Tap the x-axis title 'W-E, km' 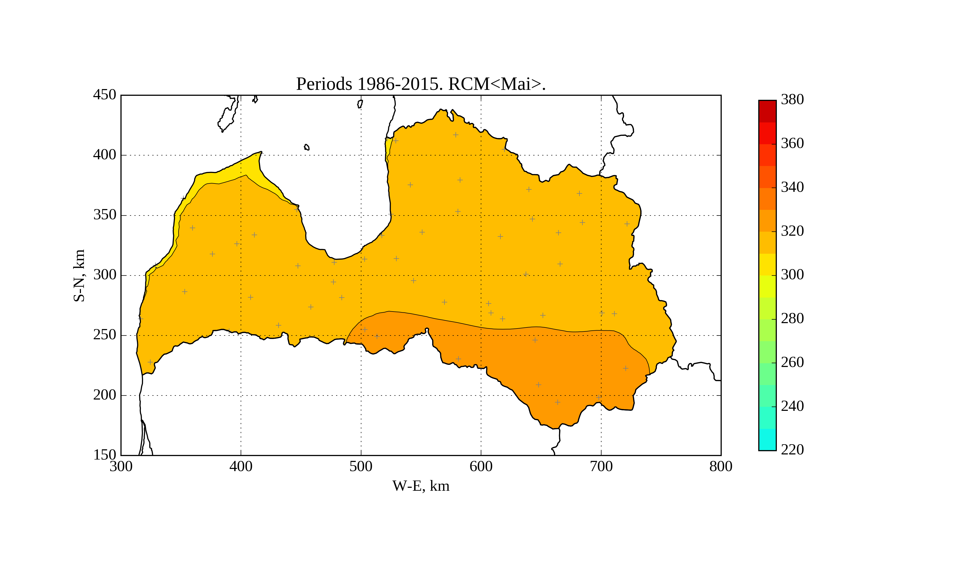[421, 486]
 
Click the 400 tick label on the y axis [105, 155]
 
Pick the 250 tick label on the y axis [105, 335]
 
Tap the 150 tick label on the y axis [105, 455]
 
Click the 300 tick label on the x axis [121, 467]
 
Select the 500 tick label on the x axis [361, 467]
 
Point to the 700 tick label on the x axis [601, 467]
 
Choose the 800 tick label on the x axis [721, 467]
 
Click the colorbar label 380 [792, 100]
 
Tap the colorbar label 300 [792, 275]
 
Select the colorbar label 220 [792, 450]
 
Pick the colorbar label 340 [792, 188]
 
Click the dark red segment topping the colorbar [767, 111]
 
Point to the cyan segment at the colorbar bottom [767, 439]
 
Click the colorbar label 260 [792, 362]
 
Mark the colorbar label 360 [792, 144]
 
